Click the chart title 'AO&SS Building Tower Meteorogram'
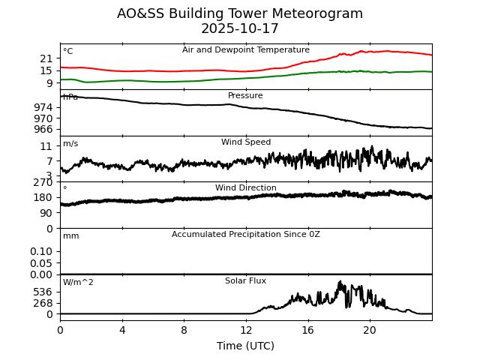[x=240, y=13]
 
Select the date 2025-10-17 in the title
[x=240, y=28]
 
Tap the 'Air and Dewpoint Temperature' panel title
[x=246, y=50]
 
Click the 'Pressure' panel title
[x=246, y=96]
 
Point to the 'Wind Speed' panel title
[x=246, y=142]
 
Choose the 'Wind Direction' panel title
[x=246, y=188]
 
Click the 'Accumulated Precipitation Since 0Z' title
[x=246, y=235]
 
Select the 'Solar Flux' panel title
[x=246, y=281]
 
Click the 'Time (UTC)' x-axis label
[x=246, y=346]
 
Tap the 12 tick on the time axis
[x=246, y=329]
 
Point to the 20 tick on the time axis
[x=370, y=329]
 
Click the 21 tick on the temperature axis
[x=46, y=58]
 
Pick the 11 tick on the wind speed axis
[x=46, y=146]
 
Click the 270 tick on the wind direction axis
[x=43, y=182]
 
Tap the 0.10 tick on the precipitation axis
[x=41, y=251]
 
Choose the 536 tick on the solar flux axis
[x=43, y=292]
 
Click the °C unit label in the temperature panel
[x=67, y=52]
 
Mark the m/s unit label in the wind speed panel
[x=70, y=144]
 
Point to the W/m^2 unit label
[x=78, y=283]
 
